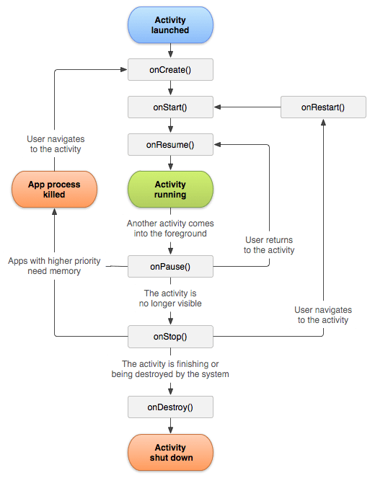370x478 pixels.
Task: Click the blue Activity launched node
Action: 170,25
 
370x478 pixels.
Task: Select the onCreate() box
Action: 170,69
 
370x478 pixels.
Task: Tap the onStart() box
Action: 170,107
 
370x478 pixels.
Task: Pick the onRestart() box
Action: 322,107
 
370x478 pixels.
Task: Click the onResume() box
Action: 170,144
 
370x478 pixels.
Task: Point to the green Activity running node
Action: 170,189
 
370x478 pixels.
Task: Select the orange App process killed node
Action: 54,189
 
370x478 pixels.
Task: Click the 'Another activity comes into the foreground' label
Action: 170,229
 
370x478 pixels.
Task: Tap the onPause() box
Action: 170,266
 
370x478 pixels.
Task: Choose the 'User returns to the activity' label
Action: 269,245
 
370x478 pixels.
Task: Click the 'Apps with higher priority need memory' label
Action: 55,265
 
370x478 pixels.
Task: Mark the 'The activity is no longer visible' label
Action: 170,298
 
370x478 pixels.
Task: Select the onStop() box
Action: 170,336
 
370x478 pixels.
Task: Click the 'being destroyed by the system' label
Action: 170,374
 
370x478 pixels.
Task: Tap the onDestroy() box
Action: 170,407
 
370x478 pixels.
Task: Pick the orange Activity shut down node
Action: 170,452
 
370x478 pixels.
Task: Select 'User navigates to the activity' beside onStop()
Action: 323,314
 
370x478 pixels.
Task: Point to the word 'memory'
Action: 66,271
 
